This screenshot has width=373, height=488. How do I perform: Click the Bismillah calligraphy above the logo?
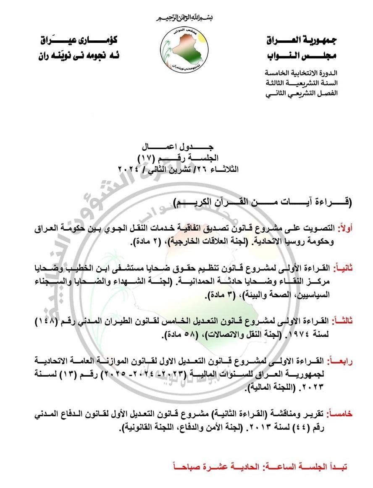pyautogui.click(x=185, y=18)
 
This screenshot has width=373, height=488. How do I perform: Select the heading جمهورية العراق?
pyautogui.click(x=302, y=41)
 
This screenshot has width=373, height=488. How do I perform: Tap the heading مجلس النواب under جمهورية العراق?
pyautogui.click(x=302, y=56)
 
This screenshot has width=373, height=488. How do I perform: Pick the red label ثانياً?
pyautogui.click(x=343, y=268)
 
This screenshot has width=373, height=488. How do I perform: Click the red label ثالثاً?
pyautogui.click(x=342, y=321)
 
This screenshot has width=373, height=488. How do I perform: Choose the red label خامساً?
pyautogui.click(x=341, y=414)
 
